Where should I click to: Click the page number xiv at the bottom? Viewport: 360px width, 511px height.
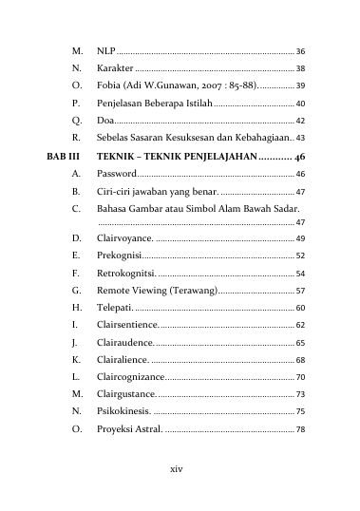176,469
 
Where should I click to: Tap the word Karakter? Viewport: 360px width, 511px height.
115,69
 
